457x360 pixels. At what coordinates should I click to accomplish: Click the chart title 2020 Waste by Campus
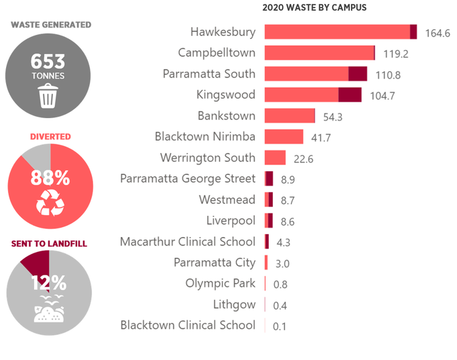pos(314,8)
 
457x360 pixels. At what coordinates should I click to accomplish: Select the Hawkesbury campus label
pos(223,32)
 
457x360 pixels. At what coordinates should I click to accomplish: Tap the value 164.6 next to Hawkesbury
pos(437,33)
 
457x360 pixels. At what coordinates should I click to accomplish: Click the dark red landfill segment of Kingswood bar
pos(350,95)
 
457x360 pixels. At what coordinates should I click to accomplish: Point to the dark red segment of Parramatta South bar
pos(358,74)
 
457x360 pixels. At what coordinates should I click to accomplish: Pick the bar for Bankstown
pos(290,116)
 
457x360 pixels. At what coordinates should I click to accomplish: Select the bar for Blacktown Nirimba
pos(284,136)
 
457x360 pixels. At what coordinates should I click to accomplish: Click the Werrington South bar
pos(275,158)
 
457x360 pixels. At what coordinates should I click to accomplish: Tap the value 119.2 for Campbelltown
pos(395,54)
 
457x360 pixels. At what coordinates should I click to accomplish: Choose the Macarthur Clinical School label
pos(188,242)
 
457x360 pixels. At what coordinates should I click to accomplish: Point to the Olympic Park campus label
pos(221,283)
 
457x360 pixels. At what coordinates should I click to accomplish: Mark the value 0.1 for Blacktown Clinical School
pos(280,326)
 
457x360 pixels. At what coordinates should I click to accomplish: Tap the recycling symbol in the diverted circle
pos(50,203)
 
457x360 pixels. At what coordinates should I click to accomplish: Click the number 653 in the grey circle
pos(48,62)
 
